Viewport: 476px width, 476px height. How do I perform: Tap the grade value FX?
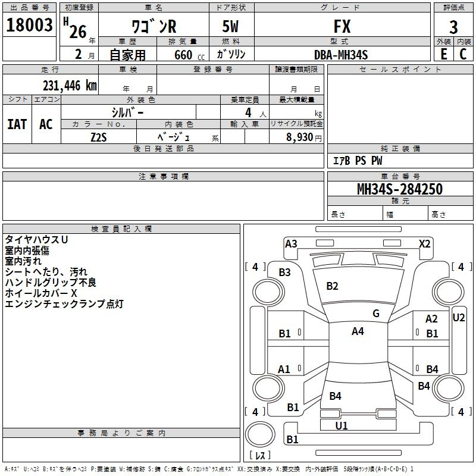click(x=342, y=27)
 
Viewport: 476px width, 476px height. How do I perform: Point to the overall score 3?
click(x=453, y=27)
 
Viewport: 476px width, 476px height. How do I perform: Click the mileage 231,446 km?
click(x=70, y=86)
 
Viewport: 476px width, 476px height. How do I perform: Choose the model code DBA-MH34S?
click(x=341, y=55)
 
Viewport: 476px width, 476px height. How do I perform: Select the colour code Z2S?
click(x=99, y=136)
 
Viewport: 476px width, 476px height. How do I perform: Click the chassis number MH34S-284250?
click(x=399, y=189)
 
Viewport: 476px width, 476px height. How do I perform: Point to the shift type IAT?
click(x=17, y=124)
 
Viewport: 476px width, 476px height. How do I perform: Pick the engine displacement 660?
click(x=183, y=55)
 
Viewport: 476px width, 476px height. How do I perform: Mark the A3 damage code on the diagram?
click(x=291, y=243)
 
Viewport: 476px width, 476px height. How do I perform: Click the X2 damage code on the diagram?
click(x=424, y=243)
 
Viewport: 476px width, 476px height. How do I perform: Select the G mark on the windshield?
click(x=375, y=314)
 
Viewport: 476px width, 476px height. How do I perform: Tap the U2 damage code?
click(x=459, y=318)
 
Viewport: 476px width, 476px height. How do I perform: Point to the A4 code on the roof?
click(x=358, y=331)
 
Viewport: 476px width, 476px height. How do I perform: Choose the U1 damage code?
click(x=342, y=425)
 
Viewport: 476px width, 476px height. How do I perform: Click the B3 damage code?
click(x=285, y=272)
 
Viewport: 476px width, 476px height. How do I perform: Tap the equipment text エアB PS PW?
click(x=358, y=161)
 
